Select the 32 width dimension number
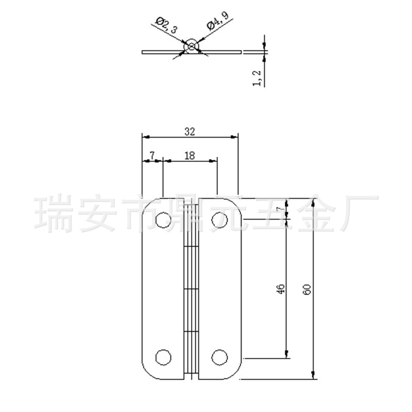tap(190, 131)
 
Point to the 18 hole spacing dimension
tap(189, 156)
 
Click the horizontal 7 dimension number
tap(152, 155)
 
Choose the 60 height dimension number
tap(307, 289)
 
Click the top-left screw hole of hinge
tap(163, 220)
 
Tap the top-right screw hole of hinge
tap(219, 220)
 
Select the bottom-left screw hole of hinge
tap(163, 357)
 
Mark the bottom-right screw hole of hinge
tap(219, 357)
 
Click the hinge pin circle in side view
tap(192, 46)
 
